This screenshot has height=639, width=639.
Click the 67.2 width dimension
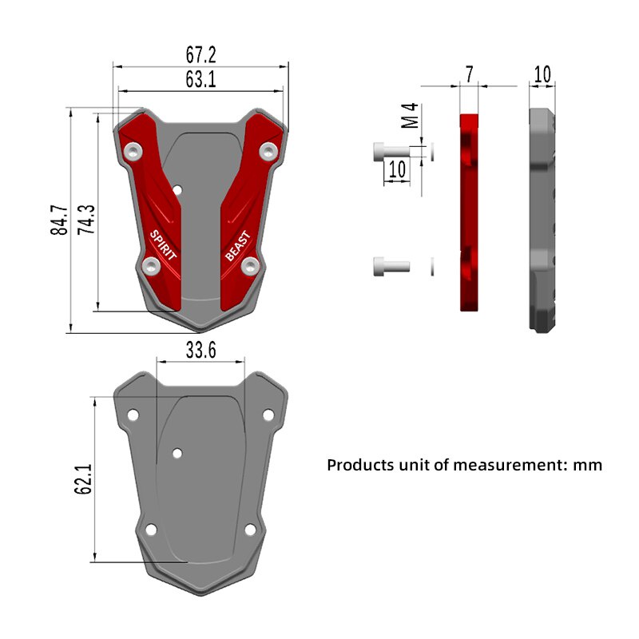(x=201, y=55)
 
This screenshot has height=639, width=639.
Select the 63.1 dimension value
(x=201, y=80)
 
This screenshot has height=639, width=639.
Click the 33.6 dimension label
(x=200, y=351)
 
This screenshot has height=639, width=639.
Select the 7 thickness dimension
(x=470, y=74)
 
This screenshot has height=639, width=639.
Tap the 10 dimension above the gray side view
(x=542, y=74)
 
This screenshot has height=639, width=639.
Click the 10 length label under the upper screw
(x=397, y=169)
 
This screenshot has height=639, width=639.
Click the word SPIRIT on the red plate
(x=164, y=244)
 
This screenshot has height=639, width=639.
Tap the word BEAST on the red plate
(x=237, y=245)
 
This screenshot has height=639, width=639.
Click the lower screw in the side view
(x=390, y=267)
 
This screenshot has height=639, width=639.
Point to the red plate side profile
(x=470, y=212)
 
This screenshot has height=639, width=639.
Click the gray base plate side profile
(x=543, y=220)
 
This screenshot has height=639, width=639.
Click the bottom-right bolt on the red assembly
(x=250, y=266)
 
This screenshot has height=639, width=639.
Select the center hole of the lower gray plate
(x=177, y=453)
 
